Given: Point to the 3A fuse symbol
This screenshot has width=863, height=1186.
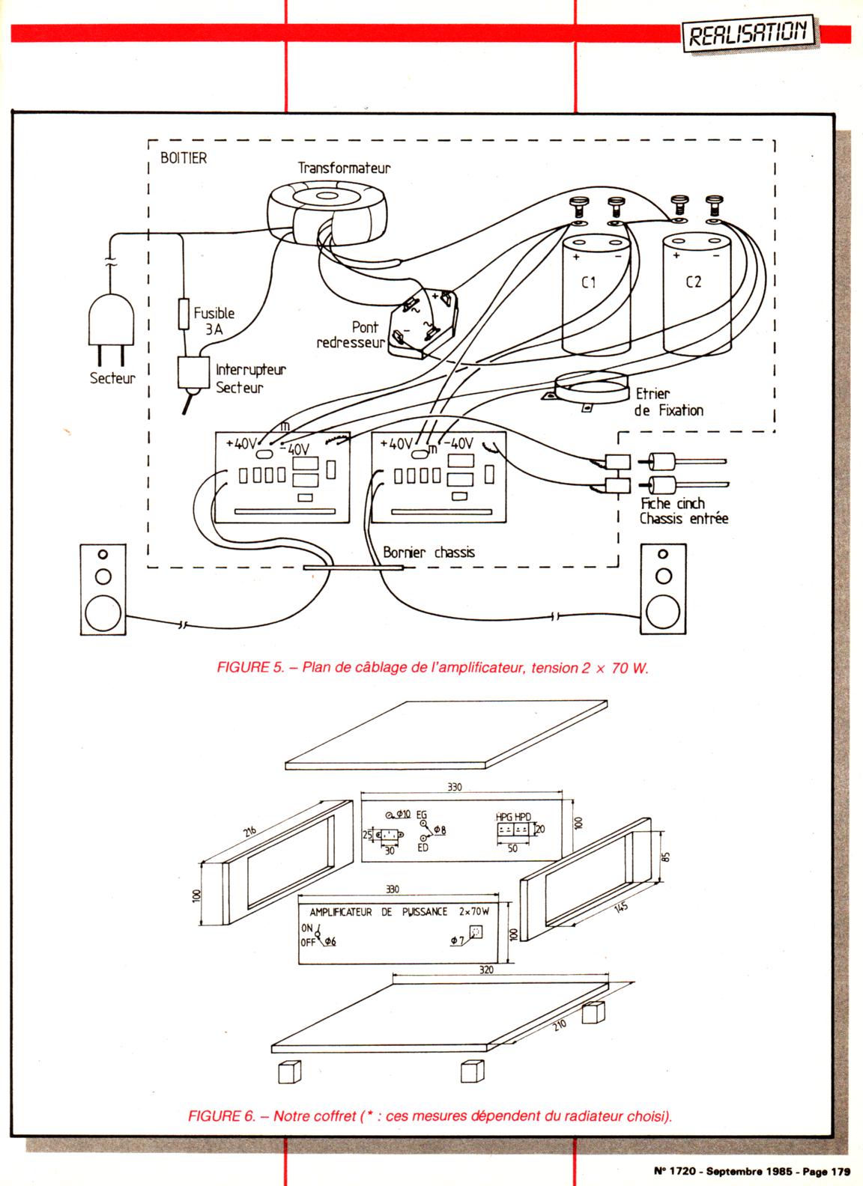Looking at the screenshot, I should pyautogui.click(x=183, y=314).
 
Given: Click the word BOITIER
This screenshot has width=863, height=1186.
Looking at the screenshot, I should pyautogui.click(x=184, y=159).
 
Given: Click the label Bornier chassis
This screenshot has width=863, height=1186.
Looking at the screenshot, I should pyautogui.click(x=429, y=553).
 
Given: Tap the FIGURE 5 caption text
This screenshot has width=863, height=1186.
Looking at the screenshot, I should pyautogui.click(x=432, y=668).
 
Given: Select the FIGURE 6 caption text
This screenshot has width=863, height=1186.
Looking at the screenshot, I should pyautogui.click(x=430, y=1116).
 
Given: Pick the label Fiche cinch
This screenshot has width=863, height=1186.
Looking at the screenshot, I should pyautogui.click(x=672, y=503).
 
